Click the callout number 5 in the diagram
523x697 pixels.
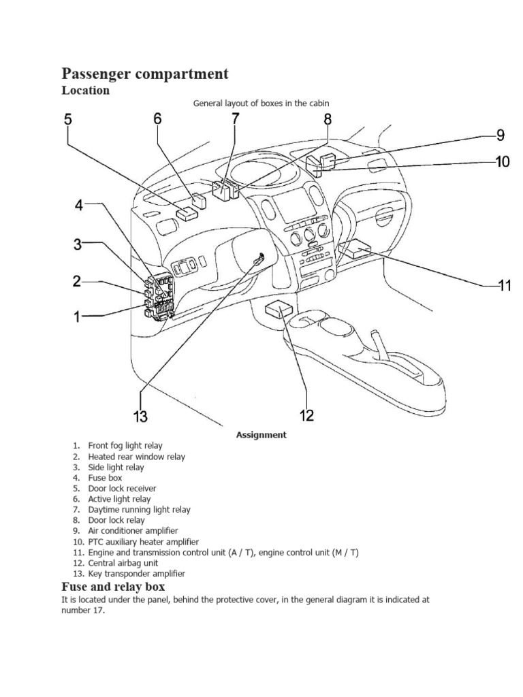(x=67, y=119)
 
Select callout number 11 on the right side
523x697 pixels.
(x=503, y=286)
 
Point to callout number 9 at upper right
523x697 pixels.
(x=500, y=135)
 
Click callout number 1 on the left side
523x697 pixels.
(x=77, y=317)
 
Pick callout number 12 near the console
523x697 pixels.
(x=307, y=415)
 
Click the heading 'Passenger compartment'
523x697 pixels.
(x=145, y=74)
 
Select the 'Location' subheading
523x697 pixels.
(x=85, y=91)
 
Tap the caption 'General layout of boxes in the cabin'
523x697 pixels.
(x=261, y=103)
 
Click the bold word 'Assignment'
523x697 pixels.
(x=261, y=435)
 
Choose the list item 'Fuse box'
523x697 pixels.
(x=105, y=478)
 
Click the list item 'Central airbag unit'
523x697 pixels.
(x=123, y=563)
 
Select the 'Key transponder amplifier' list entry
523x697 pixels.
(x=136, y=574)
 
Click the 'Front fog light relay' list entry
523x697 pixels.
(x=125, y=446)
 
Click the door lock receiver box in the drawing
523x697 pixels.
(x=186, y=212)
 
